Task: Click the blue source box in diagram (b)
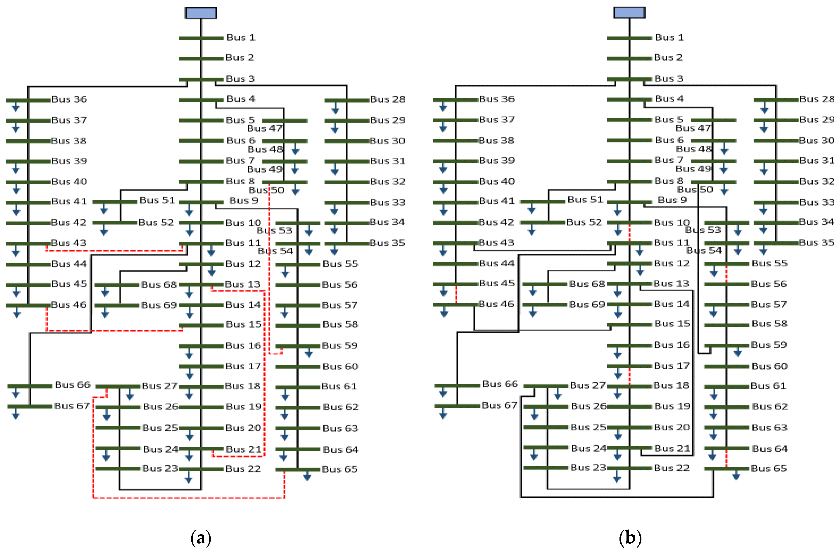[x=629, y=13]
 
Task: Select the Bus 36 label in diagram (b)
[x=497, y=99]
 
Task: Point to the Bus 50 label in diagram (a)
[x=266, y=190]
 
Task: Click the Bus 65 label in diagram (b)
[x=769, y=468]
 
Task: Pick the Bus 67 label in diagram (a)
[x=72, y=406]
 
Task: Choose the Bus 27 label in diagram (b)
[x=587, y=385]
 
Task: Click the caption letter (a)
[x=201, y=538]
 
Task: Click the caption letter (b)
[x=630, y=538]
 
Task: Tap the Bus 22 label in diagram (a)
[x=243, y=469]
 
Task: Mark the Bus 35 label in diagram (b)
[x=816, y=242]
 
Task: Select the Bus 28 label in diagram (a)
[x=387, y=99]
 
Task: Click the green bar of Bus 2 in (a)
[x=201, y=59]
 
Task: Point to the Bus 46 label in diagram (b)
[x=496, y=304]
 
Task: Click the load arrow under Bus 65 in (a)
[x=307, y=477]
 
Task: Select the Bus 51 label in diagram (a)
[x=157, y=200]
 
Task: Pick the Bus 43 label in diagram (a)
[x=69, y=243]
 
